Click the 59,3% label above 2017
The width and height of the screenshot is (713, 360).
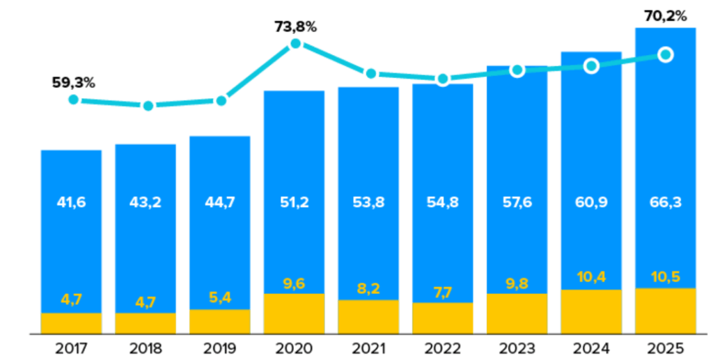(73, 83)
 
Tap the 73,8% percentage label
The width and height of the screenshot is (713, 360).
(295, 27)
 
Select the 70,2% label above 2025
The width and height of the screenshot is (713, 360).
(666, 15)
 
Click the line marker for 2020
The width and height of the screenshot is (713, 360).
(295, 44)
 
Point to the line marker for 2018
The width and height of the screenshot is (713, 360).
(148, 106)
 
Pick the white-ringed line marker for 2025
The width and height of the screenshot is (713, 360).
(666, 54)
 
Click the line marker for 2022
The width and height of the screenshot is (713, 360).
(442, 79)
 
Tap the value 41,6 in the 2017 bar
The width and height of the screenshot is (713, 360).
(71, 203)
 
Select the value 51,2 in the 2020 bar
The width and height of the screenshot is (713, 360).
(294, 203)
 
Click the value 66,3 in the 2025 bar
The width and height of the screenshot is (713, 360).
(666, 203)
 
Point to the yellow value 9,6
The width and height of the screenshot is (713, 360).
(294, 283)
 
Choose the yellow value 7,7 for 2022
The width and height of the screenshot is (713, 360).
(442, 292)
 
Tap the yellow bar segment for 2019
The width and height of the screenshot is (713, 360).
(220, 321)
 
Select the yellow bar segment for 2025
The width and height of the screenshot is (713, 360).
(666, 311)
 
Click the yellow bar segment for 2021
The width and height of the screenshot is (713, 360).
(368, 316)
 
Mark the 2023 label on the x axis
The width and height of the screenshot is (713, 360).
(517, 347)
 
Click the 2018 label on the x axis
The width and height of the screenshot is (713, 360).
(146, 347)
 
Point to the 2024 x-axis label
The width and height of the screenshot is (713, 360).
(591, 347)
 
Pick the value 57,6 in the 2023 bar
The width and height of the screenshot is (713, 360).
(517, 203)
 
